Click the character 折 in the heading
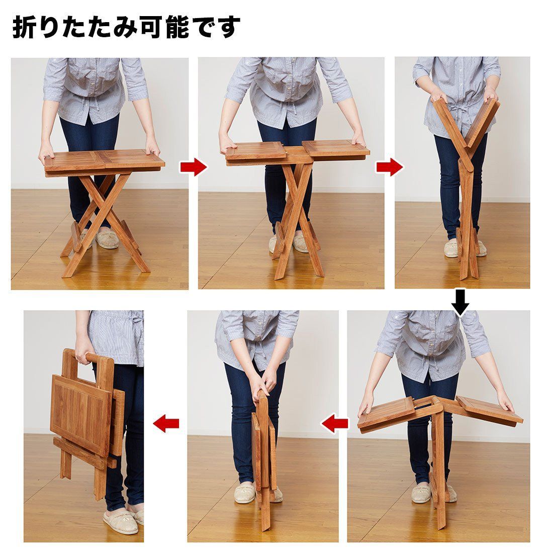24,27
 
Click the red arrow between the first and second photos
193,167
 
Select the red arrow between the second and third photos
389,167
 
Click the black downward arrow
461,302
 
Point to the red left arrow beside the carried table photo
166,423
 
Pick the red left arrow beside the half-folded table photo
334,423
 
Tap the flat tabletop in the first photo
105,160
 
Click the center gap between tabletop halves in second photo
294,150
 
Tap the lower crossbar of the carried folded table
84,453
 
